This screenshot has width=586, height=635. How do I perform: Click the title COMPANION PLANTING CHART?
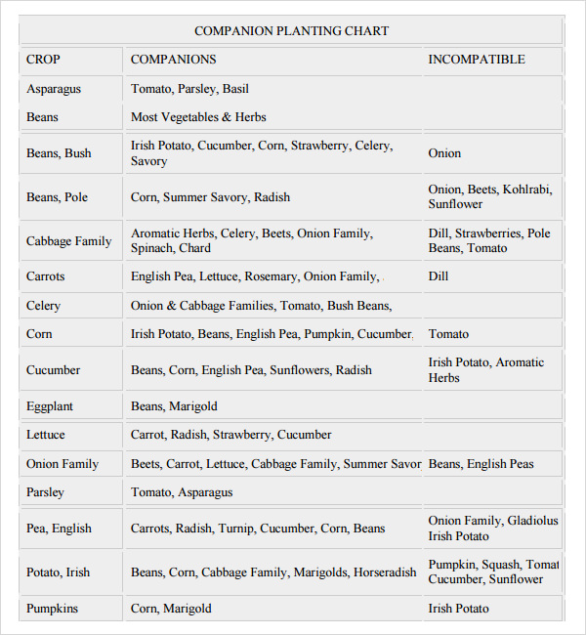tap(291, 31)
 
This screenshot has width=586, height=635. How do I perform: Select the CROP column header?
tap(43, 60)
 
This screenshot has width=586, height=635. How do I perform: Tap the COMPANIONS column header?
tap(174, 60)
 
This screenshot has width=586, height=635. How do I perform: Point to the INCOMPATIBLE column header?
tap(477, 60)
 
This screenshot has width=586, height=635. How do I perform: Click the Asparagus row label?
tap(54, 89)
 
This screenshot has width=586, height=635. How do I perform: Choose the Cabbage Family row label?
tap(68, 241)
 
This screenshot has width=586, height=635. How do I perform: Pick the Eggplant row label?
tap(50, 406)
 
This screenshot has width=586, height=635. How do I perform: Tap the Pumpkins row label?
tap(52, 609)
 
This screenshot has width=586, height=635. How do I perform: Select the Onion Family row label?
tap(63, 464)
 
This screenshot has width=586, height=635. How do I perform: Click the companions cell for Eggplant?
tap(174, 406)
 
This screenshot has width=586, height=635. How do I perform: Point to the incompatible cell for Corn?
tap(448, 334)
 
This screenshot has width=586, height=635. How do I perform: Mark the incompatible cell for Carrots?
tap(439, 276)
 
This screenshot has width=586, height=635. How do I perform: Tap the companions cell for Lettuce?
tap(231, 435)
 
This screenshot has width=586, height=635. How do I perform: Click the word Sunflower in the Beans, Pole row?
tap(455, 205)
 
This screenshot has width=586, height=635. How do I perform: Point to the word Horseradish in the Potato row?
tap(385, 572)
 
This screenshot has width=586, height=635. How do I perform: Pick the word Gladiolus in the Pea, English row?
tap(532, 522)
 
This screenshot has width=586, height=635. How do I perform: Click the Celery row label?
tap(43, 306)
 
